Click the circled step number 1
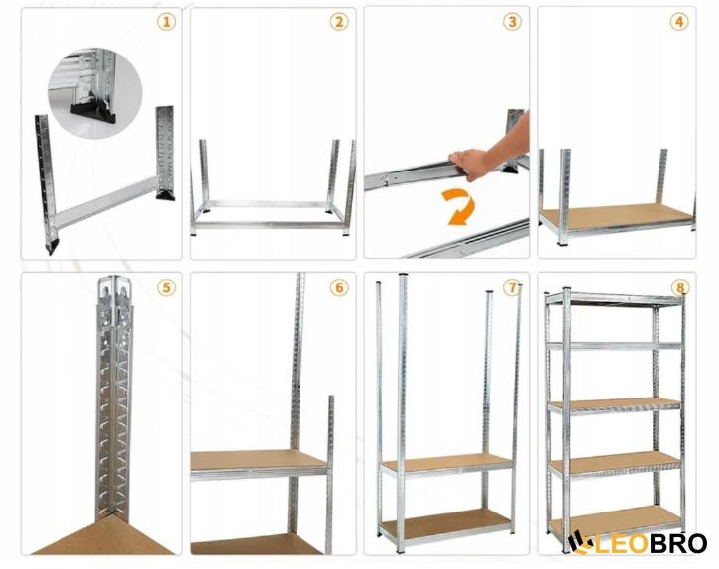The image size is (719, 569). click(166, 22)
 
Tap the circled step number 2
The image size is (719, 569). click(339, 22)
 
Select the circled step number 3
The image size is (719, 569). click(512, 22)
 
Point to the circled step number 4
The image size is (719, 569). click(679, 22)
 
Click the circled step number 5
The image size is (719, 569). click(166, 287)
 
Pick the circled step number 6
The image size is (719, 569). click(339, 287)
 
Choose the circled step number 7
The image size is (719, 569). click(512, 287)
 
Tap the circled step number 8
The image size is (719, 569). click(680, 287)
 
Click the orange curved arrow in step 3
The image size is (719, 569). click(460, 208)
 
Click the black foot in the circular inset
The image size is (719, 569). click(92, 114)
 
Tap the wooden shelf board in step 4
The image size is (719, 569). click(616, 214)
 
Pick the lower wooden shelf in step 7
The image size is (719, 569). click(446, 522)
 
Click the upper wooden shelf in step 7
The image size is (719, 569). click(445, 462)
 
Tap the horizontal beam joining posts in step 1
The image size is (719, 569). click(106, 202)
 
